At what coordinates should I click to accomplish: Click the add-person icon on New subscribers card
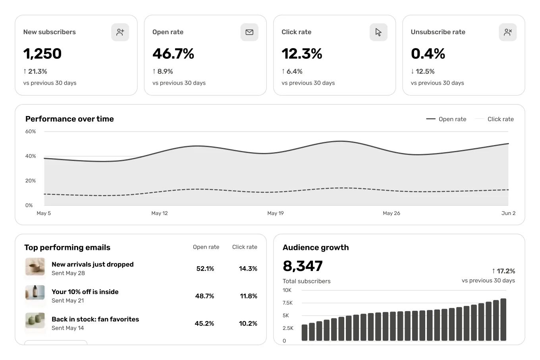click(x=120, y=32)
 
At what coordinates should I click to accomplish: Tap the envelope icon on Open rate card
click(x=249, y=32)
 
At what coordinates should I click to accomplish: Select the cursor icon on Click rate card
click(x=378, y=32)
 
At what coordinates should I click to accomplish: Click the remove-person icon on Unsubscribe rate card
click(x=508, y=32)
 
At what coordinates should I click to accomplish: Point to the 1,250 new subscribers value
click(x=42, y=54)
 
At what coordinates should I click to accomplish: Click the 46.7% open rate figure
click(x=173, y=54)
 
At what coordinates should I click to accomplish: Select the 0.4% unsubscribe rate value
click(x=428, y=54)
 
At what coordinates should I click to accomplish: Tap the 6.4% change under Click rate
click(x=292, y=72)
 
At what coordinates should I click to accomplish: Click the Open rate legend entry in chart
click(x=446, y=119)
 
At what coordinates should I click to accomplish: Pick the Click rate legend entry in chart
click(x=494, y=119)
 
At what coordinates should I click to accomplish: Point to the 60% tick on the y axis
click(x=31, y=132)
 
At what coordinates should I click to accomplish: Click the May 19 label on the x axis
click(x=275, y=213)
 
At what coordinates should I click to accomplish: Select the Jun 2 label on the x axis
click(x=508, y=213)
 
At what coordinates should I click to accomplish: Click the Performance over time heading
click(x=69, y=119)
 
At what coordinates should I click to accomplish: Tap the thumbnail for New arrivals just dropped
click(x=35, y=267)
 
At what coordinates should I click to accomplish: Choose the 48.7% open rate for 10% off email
click(x=204, y=296)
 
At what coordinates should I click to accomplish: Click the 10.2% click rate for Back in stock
click(x=248, y=323)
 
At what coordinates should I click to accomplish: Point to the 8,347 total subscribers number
click(x=303, y=266)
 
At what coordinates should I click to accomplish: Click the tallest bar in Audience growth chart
click(x=503, y=319)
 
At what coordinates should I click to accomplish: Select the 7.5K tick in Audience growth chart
click(x=287, y=303)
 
